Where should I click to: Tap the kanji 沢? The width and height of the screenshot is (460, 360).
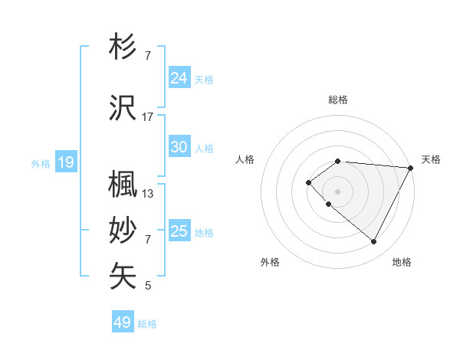[x=123, y=109]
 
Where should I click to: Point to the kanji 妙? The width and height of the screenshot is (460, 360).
[x=123, y=231]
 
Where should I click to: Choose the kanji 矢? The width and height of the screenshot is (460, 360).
[x=123, y=276]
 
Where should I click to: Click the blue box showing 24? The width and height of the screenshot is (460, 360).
[x=179, y=77]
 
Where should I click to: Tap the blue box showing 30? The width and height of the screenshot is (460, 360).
[x=179, y=147]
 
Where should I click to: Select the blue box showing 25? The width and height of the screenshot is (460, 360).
[x=179, y=231]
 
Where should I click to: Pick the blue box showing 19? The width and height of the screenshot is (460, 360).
[x=66, y=162]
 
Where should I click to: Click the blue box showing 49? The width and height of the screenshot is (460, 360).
[x=123, y=322]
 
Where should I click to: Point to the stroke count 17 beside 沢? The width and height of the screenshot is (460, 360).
[x=148, y=117]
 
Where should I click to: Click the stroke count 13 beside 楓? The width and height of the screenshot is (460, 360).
[x=148, y=194]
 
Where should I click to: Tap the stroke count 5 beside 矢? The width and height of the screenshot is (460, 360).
[x=148, y=286]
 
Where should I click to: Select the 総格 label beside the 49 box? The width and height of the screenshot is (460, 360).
[x=147, y=324]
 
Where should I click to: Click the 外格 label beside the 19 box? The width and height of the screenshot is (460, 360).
[x=41, y=163]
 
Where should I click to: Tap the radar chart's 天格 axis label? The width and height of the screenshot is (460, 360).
[x=431, y=159]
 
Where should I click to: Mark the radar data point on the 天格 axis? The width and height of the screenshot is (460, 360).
[x=410, y=167]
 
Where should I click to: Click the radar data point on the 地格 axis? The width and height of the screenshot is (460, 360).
[x=374, y=242]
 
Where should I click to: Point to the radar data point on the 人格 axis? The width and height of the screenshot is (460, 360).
[x=308, y=182]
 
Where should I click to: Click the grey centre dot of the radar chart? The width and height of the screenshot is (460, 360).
[x=337, y=191]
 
